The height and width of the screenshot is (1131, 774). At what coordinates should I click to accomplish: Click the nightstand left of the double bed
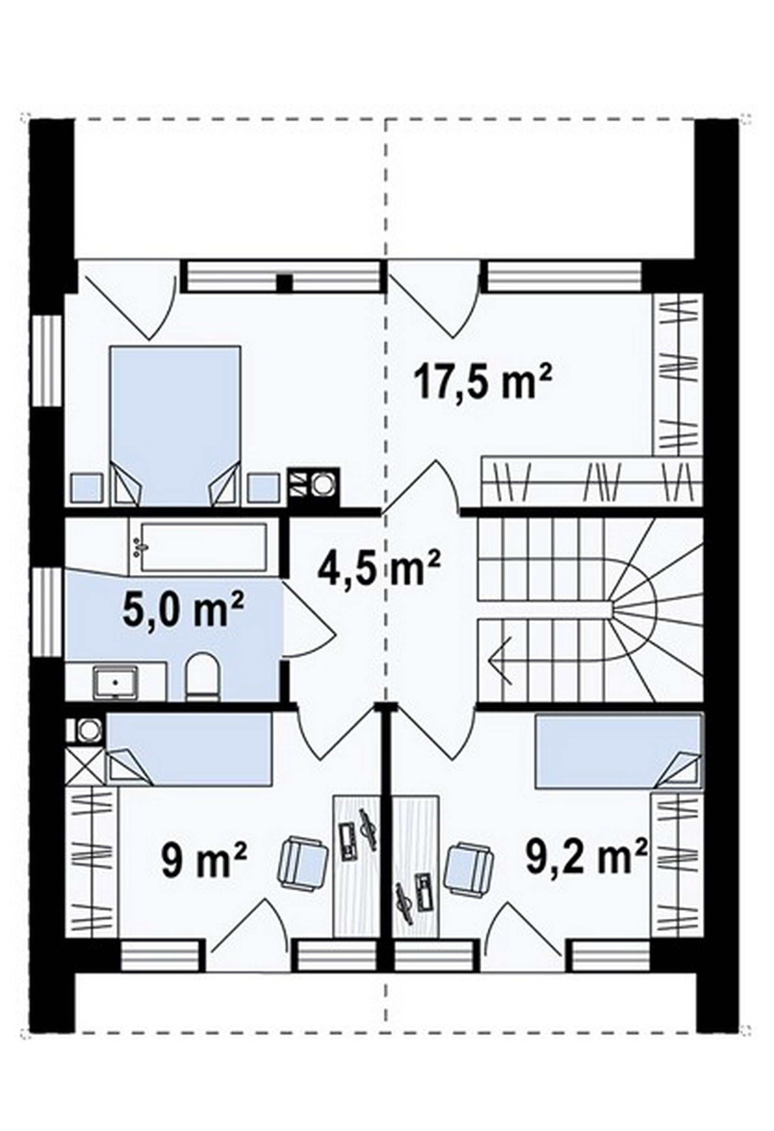[x=87, y=488]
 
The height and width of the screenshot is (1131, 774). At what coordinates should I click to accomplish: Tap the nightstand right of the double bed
[x=264, y=488]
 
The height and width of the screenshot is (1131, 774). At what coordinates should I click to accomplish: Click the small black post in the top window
[x=285, y=283]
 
